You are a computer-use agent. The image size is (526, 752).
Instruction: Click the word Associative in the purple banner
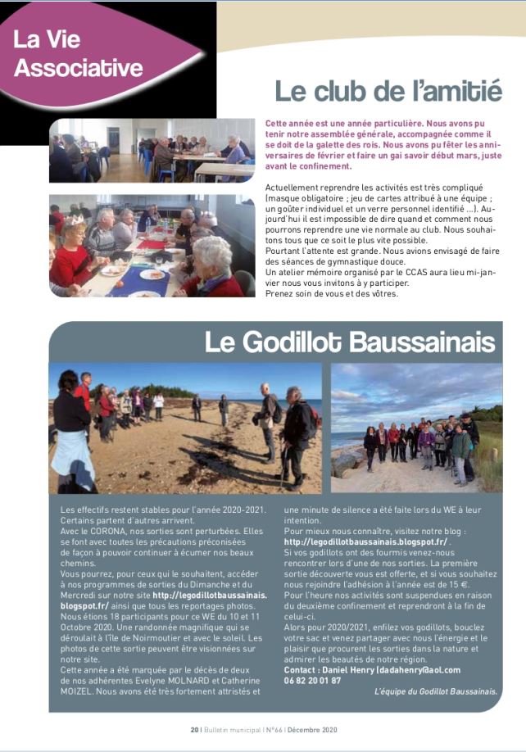pos(78,67)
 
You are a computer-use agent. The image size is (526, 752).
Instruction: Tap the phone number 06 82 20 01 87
pos(312,679)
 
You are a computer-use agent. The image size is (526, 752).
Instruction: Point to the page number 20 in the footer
pos(194,729)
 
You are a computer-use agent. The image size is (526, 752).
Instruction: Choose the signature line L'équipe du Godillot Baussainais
pos(435,691)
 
